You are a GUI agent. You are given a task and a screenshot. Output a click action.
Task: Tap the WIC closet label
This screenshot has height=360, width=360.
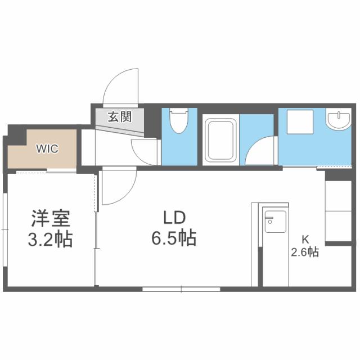click(47, 149)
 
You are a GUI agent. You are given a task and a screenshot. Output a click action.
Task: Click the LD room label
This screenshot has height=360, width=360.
click(174, 218)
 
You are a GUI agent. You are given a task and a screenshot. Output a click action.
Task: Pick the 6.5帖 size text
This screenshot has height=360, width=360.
click(174, 239)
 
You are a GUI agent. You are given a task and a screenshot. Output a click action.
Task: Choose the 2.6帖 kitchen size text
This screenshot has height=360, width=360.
click(305, 253)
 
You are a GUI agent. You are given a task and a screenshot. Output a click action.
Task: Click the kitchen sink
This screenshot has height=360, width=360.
click(275, 222)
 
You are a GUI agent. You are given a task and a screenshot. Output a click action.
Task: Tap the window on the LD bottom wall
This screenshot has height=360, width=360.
click(181, 289)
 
